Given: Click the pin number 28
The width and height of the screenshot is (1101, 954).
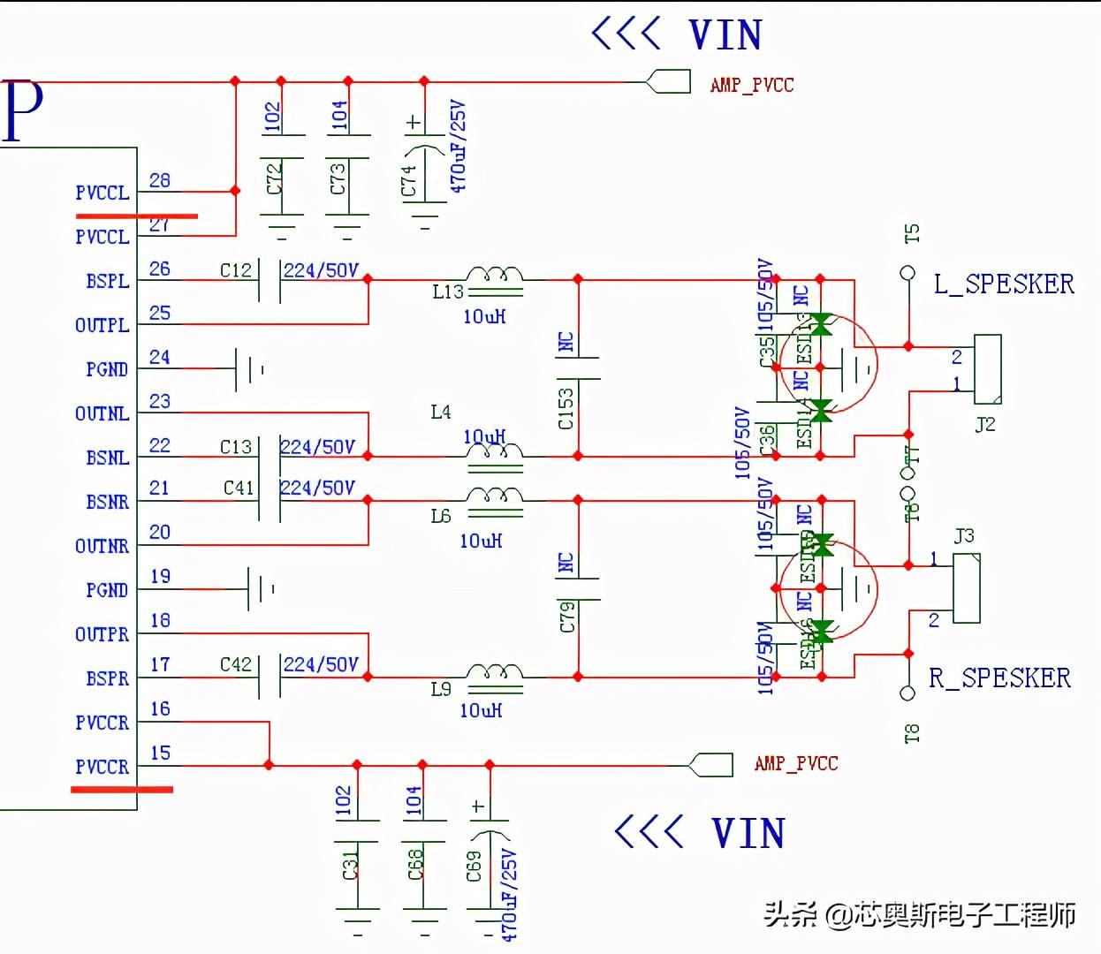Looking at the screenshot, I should [160, 180].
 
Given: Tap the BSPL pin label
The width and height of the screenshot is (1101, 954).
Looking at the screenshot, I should [107, 281].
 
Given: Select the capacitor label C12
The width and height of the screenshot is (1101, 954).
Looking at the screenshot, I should [236, 269].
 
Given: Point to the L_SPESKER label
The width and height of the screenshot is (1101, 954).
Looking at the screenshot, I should [1004, 284].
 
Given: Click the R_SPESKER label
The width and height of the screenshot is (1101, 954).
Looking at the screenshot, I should [999, 678].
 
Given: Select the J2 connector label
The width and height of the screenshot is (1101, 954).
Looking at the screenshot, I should [985, 424].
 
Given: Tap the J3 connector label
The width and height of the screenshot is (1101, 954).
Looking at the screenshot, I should [964, 536].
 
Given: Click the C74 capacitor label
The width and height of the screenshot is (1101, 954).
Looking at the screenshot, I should [408, 180].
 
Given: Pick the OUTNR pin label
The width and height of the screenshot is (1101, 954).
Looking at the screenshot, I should [102, 546].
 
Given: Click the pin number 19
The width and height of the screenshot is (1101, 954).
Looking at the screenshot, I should [160, 577].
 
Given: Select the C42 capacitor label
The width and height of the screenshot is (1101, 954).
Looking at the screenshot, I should [236, 664].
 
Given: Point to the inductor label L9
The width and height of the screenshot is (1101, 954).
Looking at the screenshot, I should [441, 689].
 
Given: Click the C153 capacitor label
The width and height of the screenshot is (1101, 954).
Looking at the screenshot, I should [566, 408].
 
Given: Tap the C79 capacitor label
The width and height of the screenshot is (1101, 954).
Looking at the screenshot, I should [567, 617].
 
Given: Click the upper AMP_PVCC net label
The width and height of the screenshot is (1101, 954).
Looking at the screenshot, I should [752, 85].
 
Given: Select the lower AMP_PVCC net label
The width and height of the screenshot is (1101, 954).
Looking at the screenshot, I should [796, 763].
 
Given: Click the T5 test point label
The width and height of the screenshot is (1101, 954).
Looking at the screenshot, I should [912, 234].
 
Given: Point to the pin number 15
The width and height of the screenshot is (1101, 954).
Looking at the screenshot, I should [160, 753].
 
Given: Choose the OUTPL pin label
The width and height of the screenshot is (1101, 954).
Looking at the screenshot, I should [102, 325].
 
